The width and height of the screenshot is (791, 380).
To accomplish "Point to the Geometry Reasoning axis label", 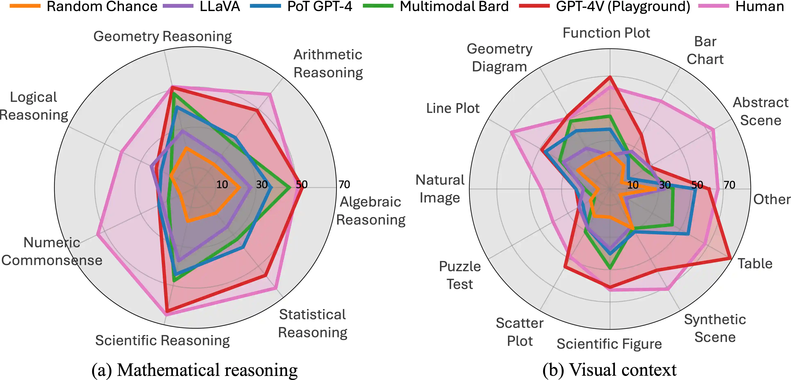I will coord(162,36).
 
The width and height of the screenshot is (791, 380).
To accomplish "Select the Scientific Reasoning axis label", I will coord(162,341).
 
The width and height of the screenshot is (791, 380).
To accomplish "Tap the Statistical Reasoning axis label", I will coord(313,323).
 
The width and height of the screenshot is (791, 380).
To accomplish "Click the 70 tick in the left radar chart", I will coord(344,184).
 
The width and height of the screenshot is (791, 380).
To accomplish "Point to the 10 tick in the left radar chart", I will coord(222,184).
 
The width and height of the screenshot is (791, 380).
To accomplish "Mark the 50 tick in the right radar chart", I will coord(697,185).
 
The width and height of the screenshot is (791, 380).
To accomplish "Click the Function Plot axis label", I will coord(606,33).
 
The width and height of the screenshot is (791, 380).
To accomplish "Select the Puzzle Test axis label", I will coord(460,275).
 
